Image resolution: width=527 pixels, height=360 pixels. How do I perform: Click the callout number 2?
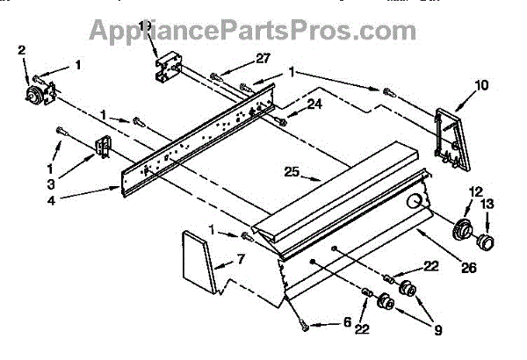coord(23,51)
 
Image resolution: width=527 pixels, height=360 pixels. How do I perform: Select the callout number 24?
coord(314,104)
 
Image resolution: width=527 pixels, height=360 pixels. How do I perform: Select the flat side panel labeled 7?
coord(199,261)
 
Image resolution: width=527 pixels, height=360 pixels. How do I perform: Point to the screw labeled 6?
coord(303,327)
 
